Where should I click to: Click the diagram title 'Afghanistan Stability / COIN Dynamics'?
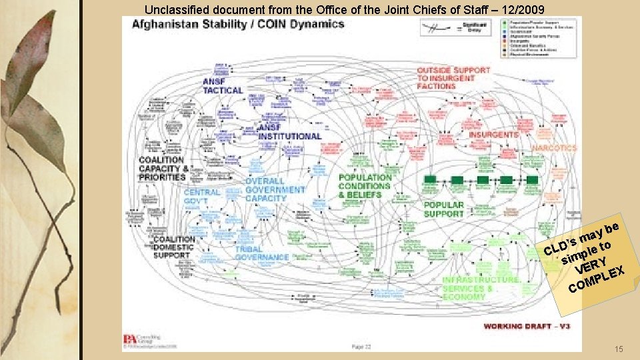[x=238, y=25]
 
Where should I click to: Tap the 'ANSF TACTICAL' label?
[x=222, y=86]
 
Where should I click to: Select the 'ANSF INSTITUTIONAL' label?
[x=289, y=131]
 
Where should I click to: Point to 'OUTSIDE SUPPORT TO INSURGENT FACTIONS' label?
[x=453, y=78]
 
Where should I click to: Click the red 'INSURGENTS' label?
[x=493, y=135]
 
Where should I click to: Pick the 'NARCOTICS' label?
[x=554, y=148]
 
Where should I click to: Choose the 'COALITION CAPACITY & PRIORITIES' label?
[x=162, y=169]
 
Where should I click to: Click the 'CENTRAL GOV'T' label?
[x=201, y=197]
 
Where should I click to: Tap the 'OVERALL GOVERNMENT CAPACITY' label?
[x=274, y=189]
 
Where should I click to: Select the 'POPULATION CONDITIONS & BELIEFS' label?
[x=365, y=186]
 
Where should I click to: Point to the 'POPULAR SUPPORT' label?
[x=443, y=209]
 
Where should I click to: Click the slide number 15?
[x=619, y=349]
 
